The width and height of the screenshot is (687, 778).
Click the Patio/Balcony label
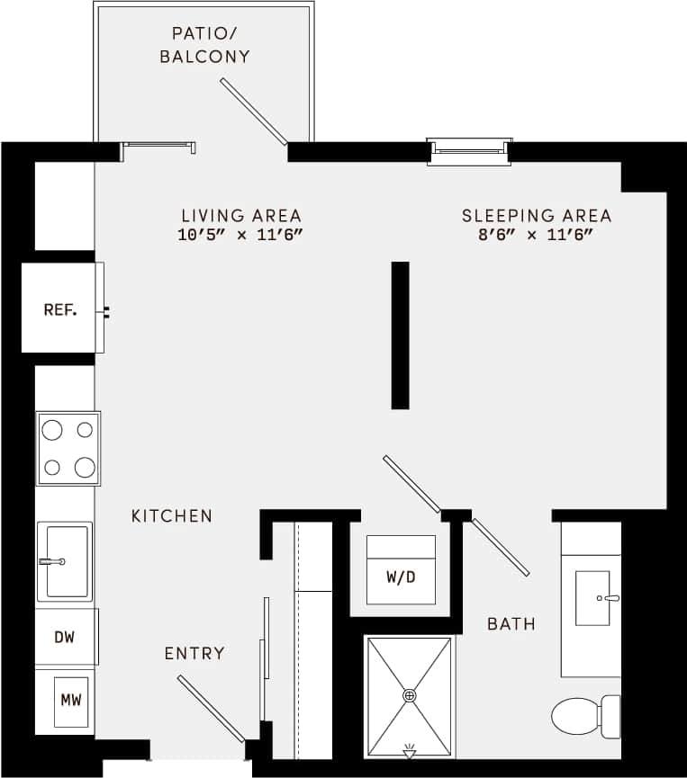[204, 45]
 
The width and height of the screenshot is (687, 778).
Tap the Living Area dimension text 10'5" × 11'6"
[240, 236]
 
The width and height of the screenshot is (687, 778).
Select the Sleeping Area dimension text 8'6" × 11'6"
[536, 236]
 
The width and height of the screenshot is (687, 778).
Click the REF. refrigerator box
[60, 310]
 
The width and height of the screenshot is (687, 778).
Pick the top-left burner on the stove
[53, 430]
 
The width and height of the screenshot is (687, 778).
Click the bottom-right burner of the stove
[85, 467]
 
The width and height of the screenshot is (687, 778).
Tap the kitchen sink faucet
[51, 561]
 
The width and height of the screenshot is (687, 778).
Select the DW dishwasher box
[64, 638]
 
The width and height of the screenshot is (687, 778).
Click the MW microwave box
[70, 700]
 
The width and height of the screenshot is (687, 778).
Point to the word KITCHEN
[172, 516]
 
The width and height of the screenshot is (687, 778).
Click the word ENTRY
[194, 653]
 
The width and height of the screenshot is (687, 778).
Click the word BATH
[511, 623]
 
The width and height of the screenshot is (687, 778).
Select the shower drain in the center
[410, 695]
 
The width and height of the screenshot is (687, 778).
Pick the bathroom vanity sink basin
[592, 597]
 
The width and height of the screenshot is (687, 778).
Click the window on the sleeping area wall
[469, 152]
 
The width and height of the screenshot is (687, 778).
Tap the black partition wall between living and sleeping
[400, 335]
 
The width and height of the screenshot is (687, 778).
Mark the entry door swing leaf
[211, 710]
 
